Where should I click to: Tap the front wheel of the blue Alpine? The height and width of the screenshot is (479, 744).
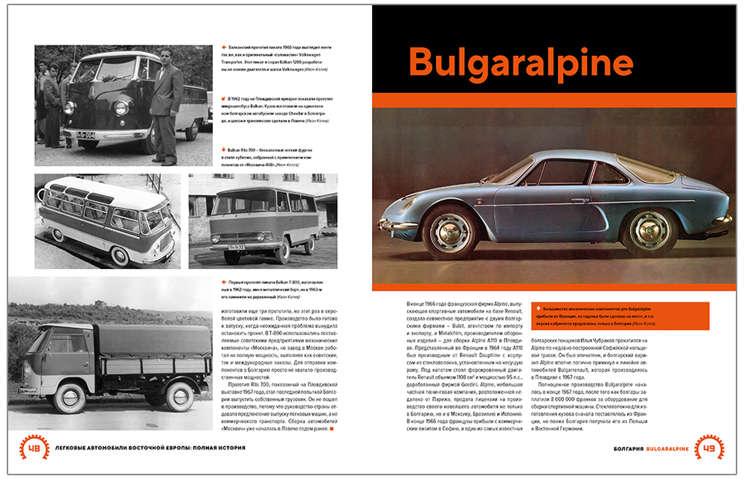(x=450, y=231)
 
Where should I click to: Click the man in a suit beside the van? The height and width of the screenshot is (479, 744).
(x=166, y=104)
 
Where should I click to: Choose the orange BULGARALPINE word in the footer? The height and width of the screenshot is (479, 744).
(x=667, y=449)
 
